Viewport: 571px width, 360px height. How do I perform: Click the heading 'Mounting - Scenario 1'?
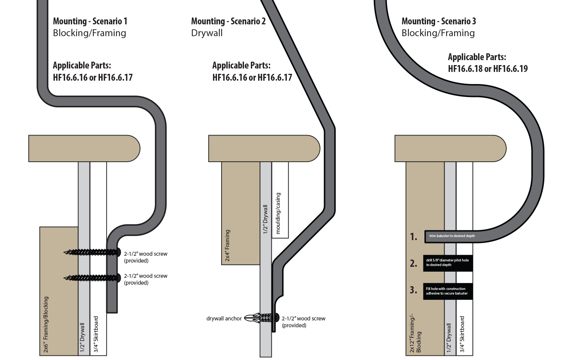pyautogui.click(x=90, y=21)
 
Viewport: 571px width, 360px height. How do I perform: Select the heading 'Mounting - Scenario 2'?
pyautogui.click(x=228, y=21)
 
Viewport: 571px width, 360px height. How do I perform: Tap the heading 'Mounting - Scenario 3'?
pyautogui.click(x=439, y=21)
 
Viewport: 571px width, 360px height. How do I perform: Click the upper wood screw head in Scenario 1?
pyautogui.click(x=118, y=252)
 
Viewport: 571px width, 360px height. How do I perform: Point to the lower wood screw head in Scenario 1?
pyautogui.click(x=118, y=277)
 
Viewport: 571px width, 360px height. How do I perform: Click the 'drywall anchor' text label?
pyautogui.click(x=224, y=319)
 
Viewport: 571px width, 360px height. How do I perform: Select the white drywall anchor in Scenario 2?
pyautogui.click(x=255, y=318)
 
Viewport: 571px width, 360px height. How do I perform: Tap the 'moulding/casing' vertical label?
pyautogui.click(x=278, y=213)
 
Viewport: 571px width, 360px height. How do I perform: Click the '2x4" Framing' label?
pyautogui.click(x=228, y=245)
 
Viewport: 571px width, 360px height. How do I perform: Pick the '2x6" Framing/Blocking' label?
pyautogui.click(x=46, y=324)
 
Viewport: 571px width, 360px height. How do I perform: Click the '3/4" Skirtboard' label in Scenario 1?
pyautogui.click(x=96, y=334)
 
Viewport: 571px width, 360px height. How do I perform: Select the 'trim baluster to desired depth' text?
pyautogui.click(x=452, y=236)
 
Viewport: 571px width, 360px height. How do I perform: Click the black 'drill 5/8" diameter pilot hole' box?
pyautogui.click(x=448, y=263)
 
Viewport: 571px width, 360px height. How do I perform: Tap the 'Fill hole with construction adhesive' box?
pyautogui.click(x=448, y=291)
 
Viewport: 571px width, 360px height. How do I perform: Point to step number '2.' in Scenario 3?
pyautogui.click(x=413, y=263)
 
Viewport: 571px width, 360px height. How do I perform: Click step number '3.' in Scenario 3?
pyautogui.click(x=413, y=290)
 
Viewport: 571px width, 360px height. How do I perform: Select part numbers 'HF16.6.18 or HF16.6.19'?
pyautogui.click(x=488, y=69)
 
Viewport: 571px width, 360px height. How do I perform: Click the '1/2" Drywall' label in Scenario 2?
pyautogui.click(x=266, y=219)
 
